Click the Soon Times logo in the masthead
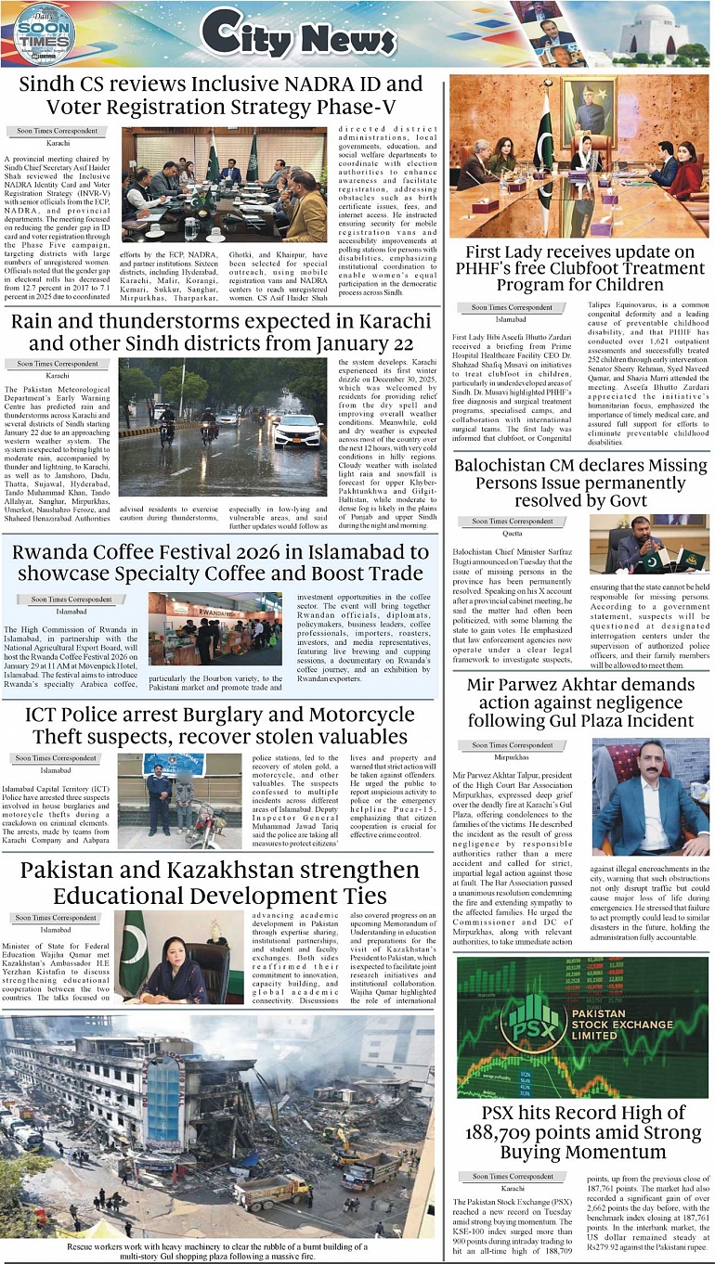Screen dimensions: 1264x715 [44, 34]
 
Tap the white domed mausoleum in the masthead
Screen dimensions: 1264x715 [655, 32]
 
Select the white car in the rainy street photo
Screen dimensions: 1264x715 [296, 430]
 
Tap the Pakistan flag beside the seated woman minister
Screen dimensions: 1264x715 [134, 952]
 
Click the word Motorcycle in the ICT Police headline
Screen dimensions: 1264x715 [346, 716]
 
